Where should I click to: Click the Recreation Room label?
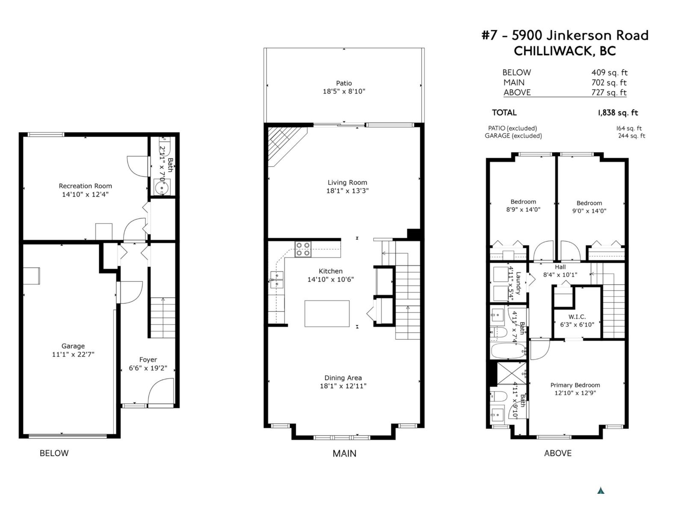click(x=85, y=186)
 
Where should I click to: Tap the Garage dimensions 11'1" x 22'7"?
click(x=73, y=354)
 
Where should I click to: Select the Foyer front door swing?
click(x=163, y=391)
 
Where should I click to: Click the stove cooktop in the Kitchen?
click(x=303, y=249)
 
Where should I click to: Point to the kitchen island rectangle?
click(x=327, y=313)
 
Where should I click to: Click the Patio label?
click(x=344, y=83)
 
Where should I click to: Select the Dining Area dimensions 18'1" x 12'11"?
click(x=343, y=386)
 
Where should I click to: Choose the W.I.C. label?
click(x=577, y=317)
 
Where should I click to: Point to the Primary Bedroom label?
click(x=575, y=385)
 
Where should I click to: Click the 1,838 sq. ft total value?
click(x=618, y=113)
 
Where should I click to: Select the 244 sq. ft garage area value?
click(x=631, y=136)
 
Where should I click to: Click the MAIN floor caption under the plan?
click(x=344, y=453)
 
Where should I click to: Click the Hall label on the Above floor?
click(x=560, y=267)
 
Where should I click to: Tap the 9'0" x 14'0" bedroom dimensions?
click(x=589, y=211)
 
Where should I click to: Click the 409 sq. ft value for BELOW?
click(x=609, y=73)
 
